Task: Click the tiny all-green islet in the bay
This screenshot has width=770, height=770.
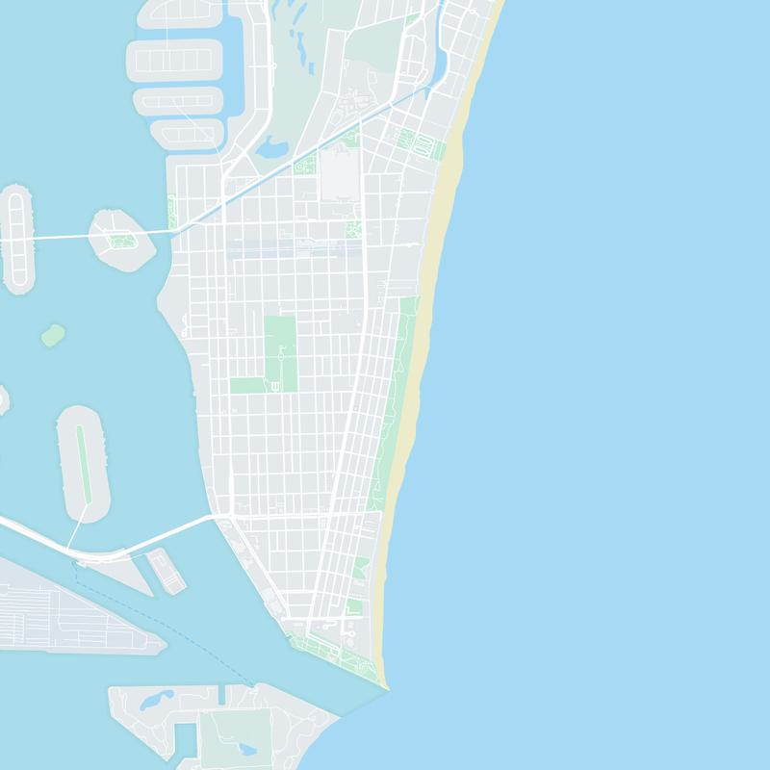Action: pyautogui.click(x=53, y=336)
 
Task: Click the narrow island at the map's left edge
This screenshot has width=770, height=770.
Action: pyautogui.click(x=16, y=241)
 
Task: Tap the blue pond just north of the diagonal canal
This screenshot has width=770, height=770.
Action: pyautogui.click(x=272, y=147)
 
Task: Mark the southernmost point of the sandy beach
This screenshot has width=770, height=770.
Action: pyautogui.click(x=385, y=685)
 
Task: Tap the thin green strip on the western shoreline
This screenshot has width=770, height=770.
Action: pyautogui.click(x=171, y=212)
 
